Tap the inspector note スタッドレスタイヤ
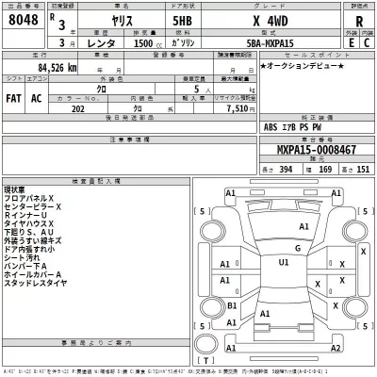point(35,281)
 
